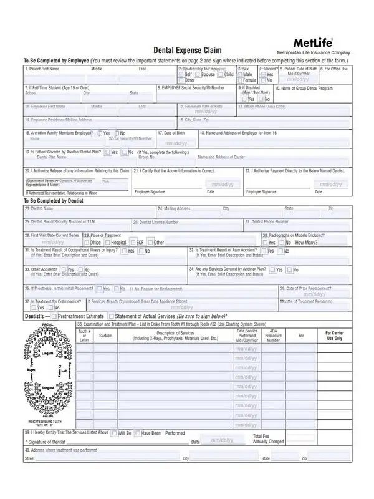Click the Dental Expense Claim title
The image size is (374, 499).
[x=187, y=51]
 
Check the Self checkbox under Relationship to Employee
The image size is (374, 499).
[x=181, y=74]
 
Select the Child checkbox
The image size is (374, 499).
[x=220, y=74]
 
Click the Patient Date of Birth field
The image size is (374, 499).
[x=297, y=79]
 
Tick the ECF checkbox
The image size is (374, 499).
[x=133, y=242]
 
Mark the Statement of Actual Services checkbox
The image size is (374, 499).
[x=111, y=316]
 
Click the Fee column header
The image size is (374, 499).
[x=302, y=336]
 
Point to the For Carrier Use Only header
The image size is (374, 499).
[x=334, y=336]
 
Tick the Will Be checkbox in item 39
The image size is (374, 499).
[x=114, y=432]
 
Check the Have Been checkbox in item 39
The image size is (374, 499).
[x=138, y=432]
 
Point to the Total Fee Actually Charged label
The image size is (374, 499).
[x=268, y=438]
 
